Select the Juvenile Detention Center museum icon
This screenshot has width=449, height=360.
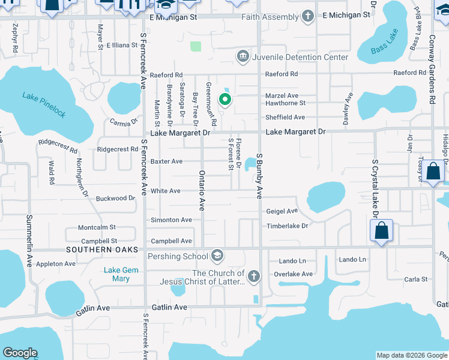point(243,57)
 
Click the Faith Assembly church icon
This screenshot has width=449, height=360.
point(308,17)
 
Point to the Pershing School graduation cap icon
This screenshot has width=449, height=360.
point(217,256)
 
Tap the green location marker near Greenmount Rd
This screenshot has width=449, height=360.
point(225,100)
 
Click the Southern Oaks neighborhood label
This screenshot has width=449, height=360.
point(102,250)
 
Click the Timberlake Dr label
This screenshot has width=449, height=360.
point(287,226)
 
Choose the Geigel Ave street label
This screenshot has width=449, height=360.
point(282,211)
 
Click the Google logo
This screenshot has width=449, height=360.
point(20,353)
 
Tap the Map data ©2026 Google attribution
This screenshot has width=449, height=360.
point(412,355)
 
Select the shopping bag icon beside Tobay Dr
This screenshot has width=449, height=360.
point(433,172)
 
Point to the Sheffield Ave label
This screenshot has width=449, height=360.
point(285,118)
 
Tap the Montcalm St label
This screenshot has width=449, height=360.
point(97,228)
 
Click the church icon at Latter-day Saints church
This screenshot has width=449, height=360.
point(254,277)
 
